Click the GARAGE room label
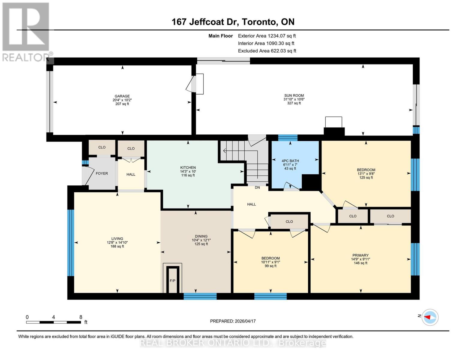(x=122, y=96)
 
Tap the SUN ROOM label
(x=294, y=95)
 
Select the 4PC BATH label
(x=290, y=161)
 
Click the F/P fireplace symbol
(x=172, y=281)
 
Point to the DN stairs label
(x=257, y=187)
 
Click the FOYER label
(x=102, y=173)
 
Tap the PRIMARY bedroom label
(x=360, y=255)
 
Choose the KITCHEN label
(x=188, y=168)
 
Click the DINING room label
(x=201, y=236)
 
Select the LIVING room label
(x=117, y=239)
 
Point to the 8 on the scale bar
(x=81, y=317)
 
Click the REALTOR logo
(x=26, y=31)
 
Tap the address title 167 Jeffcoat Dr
(x=233, y=22)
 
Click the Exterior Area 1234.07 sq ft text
(x=267, y=36)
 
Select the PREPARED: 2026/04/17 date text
(x=233, y=321)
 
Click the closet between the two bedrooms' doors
(x=289, y=222)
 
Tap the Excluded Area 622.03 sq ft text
(x=267, y=51)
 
